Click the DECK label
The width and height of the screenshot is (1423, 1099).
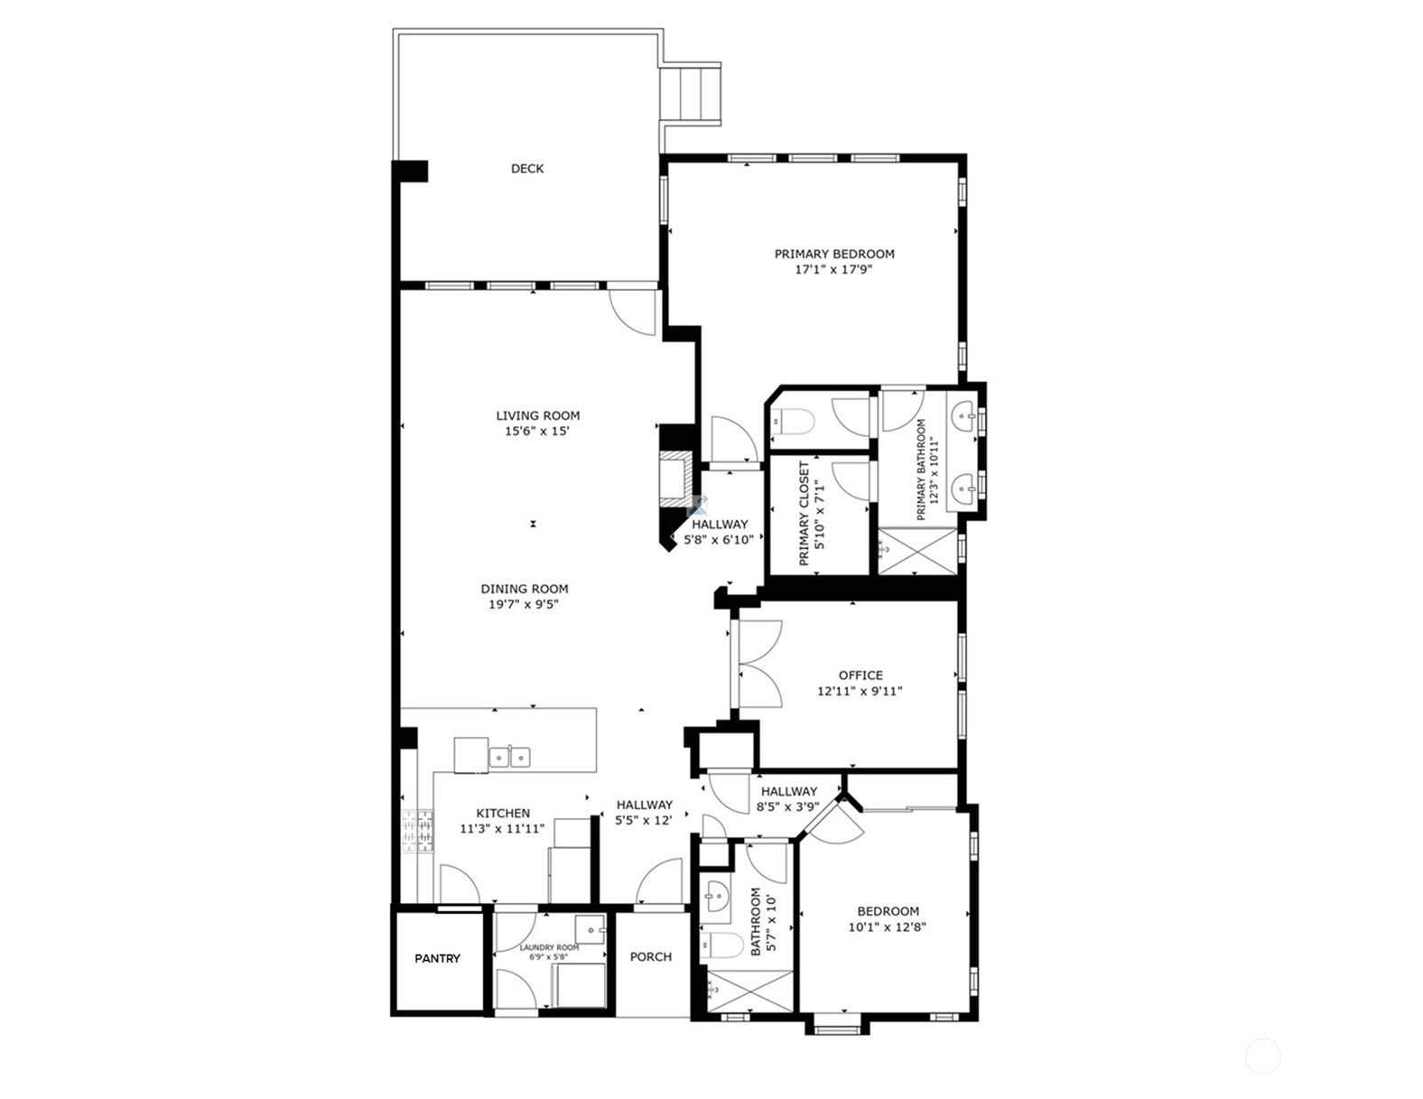527,169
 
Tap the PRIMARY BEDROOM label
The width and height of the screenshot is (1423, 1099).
834,254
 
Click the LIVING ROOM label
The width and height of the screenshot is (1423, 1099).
537,415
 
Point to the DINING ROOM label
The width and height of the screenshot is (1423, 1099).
525,589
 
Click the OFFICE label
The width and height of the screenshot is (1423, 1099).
860,675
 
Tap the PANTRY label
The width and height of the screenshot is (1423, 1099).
437,958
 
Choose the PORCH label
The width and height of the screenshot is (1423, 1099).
650,956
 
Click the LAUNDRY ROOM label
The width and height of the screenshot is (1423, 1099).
549,947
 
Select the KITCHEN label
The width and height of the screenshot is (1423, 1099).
503,813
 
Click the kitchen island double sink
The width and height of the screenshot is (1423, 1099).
509,757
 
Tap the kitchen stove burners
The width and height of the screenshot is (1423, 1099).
418,830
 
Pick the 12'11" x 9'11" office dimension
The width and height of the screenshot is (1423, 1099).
860,691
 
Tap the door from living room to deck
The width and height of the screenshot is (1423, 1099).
633,312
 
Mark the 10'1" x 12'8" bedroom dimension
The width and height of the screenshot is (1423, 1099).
888,927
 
